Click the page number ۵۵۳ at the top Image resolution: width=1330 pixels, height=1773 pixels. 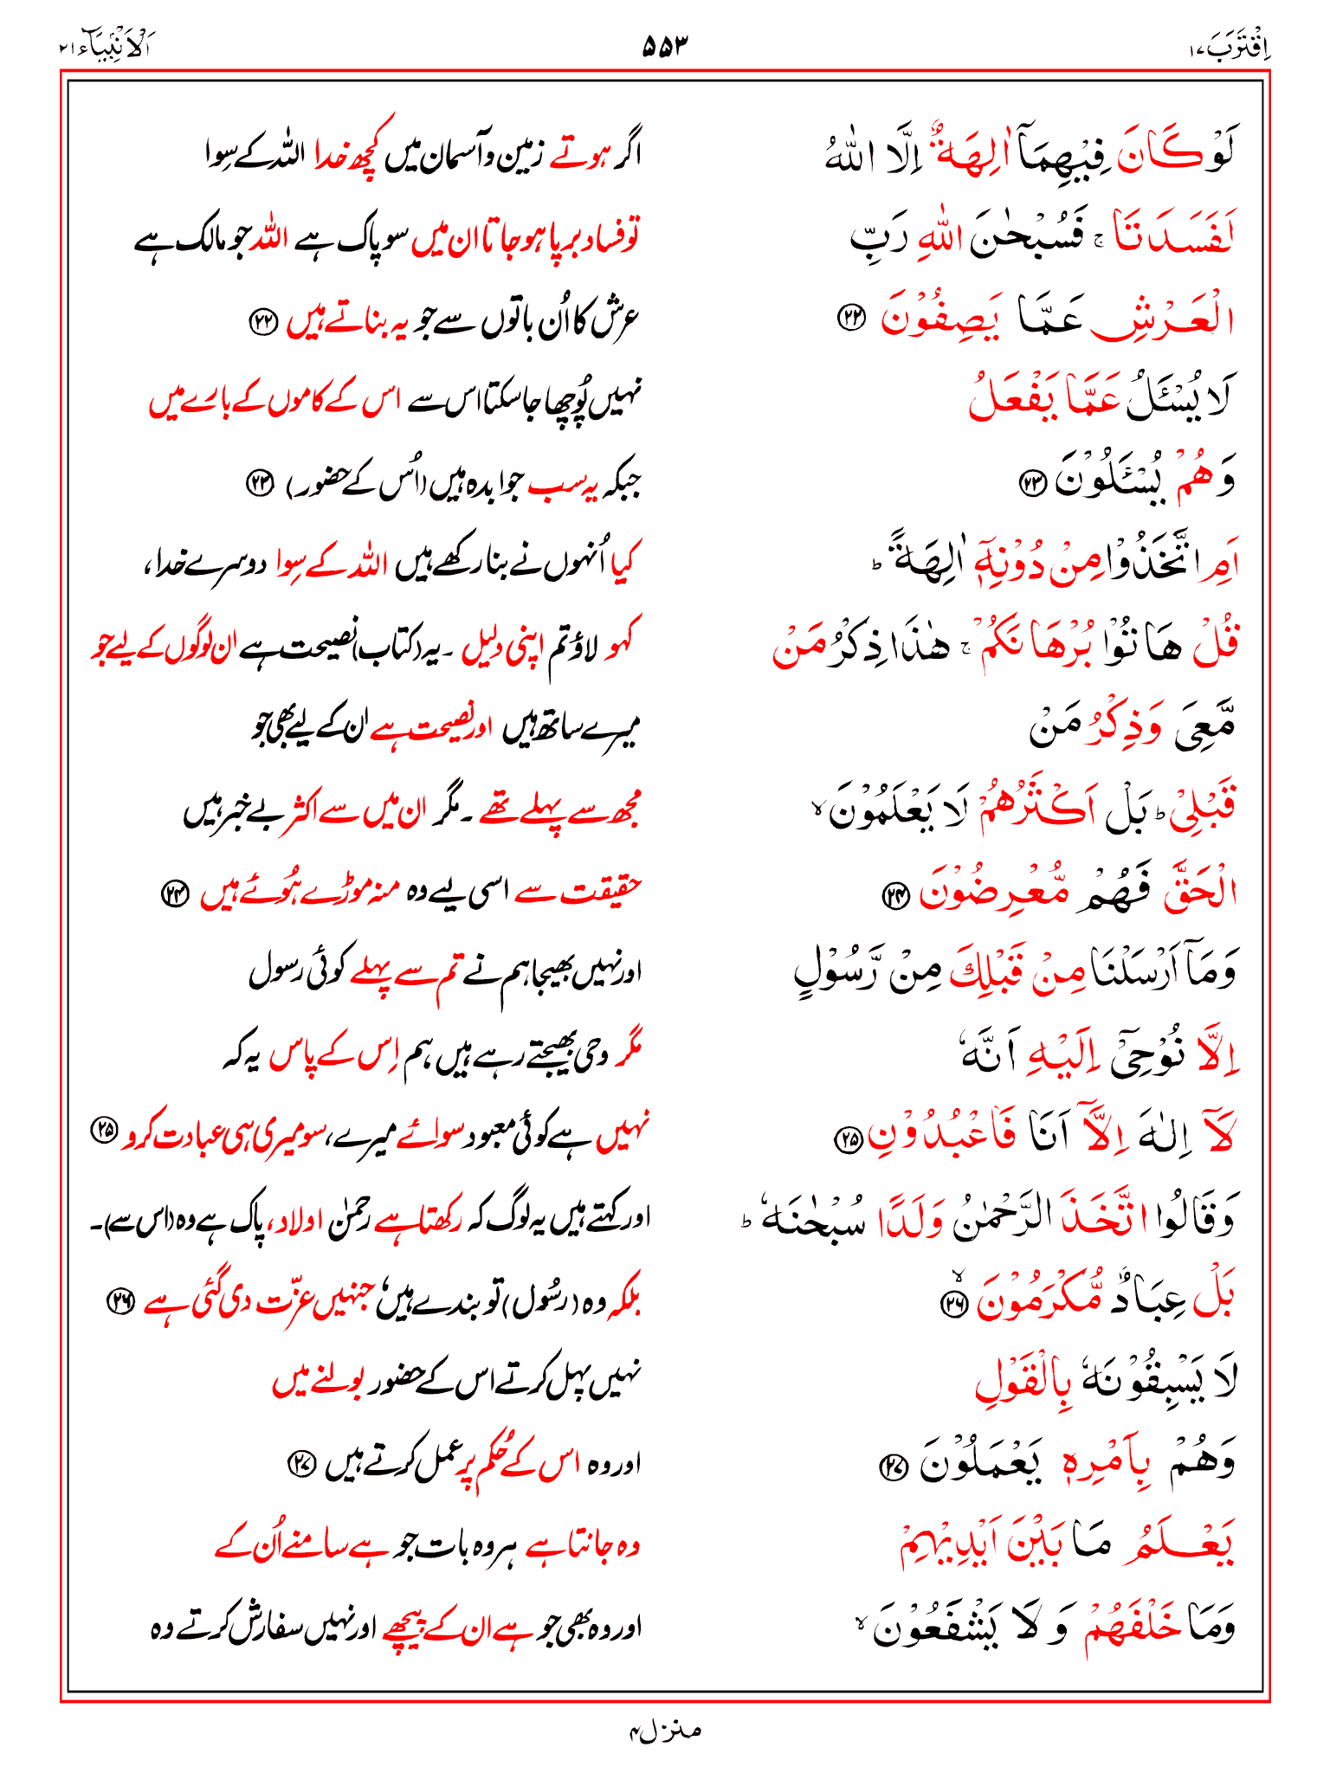coord(664,45)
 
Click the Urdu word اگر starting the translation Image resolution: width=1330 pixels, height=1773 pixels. coord(623,156)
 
